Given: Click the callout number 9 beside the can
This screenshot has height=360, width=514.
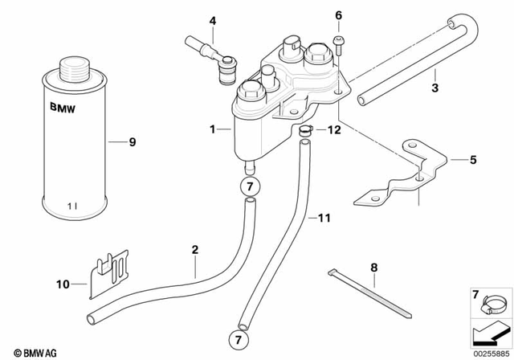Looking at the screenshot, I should point(133,142).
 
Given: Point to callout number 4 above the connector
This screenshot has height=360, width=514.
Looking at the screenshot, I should point(213,20).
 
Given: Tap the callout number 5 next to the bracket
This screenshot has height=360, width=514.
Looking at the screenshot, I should point(472,159).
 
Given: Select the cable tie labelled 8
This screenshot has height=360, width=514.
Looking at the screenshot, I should point(361,286).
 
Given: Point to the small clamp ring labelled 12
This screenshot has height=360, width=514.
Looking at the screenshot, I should point(305,129).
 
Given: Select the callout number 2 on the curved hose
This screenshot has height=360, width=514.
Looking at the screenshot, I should point(194,250).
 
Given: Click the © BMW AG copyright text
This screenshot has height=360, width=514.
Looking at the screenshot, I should point(29,350).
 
